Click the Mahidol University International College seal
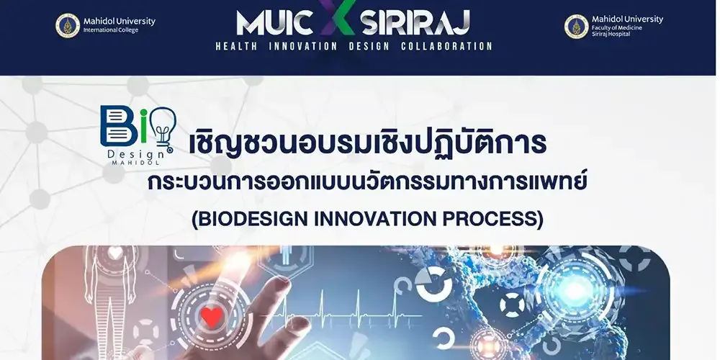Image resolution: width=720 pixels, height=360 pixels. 68,26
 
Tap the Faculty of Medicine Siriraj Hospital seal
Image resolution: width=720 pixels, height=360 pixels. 576,27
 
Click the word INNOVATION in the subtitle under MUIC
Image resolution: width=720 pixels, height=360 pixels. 302,46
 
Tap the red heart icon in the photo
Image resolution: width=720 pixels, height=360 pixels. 211,315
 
